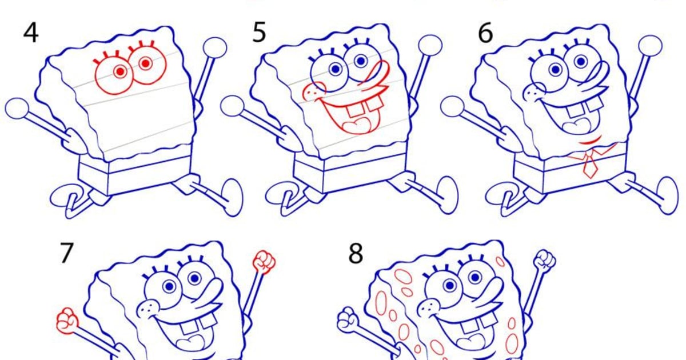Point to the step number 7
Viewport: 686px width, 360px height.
coord(67,253)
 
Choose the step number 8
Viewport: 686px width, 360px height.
coord(356,253)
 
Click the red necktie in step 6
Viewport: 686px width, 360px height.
coord(590,163)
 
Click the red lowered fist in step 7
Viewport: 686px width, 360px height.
coord(67,320)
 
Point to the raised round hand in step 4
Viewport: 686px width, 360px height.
coord(215,47)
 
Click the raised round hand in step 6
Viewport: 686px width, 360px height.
coord(650,46)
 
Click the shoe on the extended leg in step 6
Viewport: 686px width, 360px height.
coord(667,194)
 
